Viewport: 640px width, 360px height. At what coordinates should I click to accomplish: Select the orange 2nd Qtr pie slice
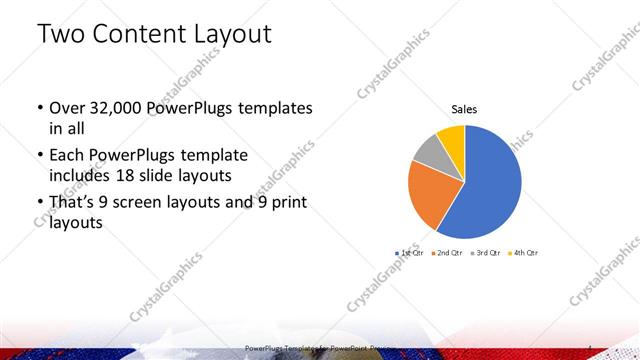click(x=432, y=195)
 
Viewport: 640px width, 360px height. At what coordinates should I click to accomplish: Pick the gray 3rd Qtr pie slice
click(x=428, y=151)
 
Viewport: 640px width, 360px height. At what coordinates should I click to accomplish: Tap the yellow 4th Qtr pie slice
click(x=452, y=136)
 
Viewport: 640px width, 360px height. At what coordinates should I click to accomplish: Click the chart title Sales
click(x=464, y=108)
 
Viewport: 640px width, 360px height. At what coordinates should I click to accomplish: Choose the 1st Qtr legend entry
click(x=410, y=253)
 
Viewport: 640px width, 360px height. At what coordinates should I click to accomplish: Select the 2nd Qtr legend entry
click(x=446, y=253)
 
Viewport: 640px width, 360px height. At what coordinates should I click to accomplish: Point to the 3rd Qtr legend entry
click(x=484, y=253)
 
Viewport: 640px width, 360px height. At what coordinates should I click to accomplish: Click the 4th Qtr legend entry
click(x=522, y=253)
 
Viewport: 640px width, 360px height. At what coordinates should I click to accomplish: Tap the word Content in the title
click(x=148, y=35)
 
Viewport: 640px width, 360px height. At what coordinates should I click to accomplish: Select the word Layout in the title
click(x=238, y=35)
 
